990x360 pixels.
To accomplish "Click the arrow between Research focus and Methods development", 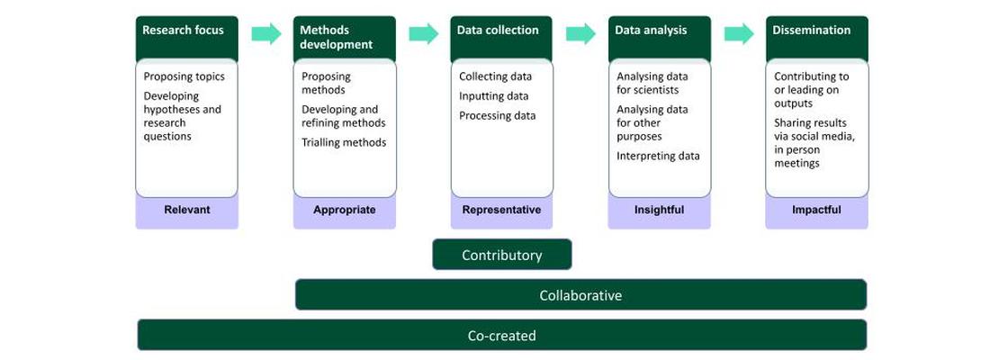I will tap(265, 34).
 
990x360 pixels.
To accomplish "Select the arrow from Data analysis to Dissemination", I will tap(739, 34).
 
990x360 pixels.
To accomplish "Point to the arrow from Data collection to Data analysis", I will tap(580, 34).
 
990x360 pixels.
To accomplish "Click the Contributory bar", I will tap(501, 255).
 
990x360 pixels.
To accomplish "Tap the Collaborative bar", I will tap(580, 295).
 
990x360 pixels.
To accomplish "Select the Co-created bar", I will tap(501, 336).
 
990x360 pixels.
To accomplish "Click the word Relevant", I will tap(186, 210).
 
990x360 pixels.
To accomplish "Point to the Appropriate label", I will tap(344, 210).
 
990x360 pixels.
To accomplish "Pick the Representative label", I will tap(501, 210).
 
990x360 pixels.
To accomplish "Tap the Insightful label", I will tap(659, 210).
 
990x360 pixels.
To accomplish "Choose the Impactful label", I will tap(816, 210).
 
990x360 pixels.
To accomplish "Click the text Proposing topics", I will tap(184, 76).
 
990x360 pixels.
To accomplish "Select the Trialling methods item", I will tap(344, 142).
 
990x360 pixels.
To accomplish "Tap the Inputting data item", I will tap(493, 96).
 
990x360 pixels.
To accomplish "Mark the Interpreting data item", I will tap(658, 156).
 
